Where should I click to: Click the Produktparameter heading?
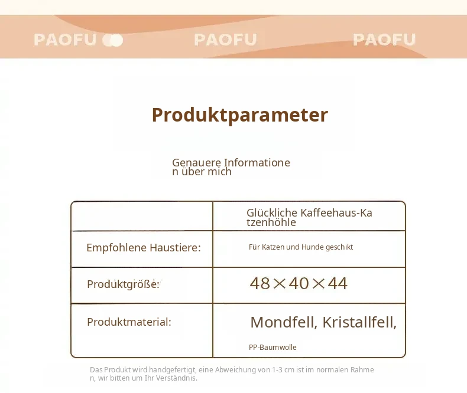[240, 115]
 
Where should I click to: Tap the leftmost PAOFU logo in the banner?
[65, 40]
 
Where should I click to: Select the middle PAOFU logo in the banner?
[225, 40]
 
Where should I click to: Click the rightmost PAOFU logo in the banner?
[384, 40]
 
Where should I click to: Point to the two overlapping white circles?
[112, 41]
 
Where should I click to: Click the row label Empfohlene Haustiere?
[144, 247]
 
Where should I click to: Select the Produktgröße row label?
[123, 284]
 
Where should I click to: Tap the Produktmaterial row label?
[129, 322]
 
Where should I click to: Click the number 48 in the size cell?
[260, 283]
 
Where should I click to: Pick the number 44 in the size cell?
[338, 283]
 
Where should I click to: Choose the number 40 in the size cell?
[299, 283]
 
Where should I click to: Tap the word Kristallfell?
[359, 322]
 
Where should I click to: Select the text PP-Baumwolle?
[273, 347]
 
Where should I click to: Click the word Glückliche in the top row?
[272, 213]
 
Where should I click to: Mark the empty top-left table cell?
[142, 216]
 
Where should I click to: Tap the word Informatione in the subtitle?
[257, 163]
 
